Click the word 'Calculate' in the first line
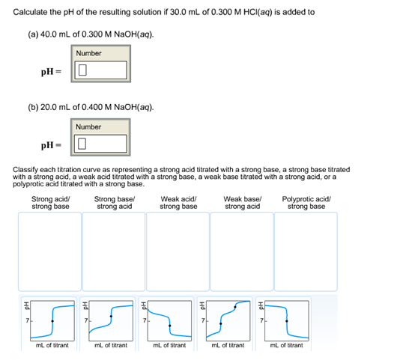click(x=31, y=12)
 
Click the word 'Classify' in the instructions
click(x=27, y=171)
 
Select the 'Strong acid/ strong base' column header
click(x=51, y=202)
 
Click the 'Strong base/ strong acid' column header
click(x=114, y=202)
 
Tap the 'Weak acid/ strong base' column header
click(x=178, y=202)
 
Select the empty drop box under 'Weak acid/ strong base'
click(x=178, y=250)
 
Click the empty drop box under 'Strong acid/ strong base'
click(x=51, y=250)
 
